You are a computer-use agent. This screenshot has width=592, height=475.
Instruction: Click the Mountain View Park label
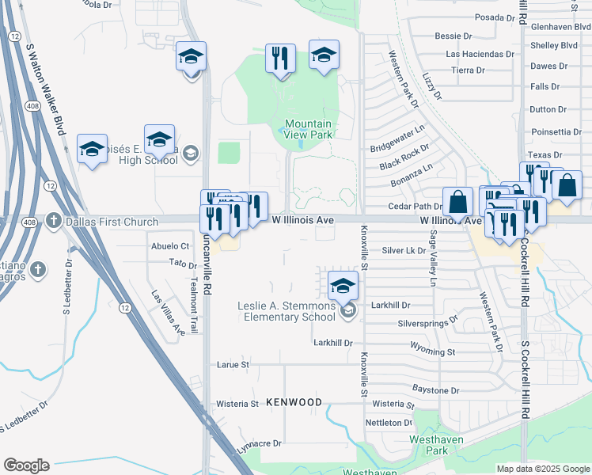[x=308, y=129]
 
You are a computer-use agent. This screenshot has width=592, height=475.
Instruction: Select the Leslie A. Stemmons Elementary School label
[x=287, y=312]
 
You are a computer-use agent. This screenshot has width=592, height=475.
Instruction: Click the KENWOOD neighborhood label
[x=294, y=402]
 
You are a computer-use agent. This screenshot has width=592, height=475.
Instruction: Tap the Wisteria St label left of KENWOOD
[x=237, y=404]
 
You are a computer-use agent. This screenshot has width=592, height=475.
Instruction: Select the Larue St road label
[x=233, y=365]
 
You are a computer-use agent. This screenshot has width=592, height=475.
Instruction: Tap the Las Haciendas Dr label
[x=480, y=55]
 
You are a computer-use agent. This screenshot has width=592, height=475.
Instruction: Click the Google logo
[x=26, y=465]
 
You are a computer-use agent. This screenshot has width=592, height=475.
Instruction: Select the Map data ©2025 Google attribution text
[x=542, y=469]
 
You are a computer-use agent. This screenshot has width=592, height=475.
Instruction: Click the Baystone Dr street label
[x=435, y=390]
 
